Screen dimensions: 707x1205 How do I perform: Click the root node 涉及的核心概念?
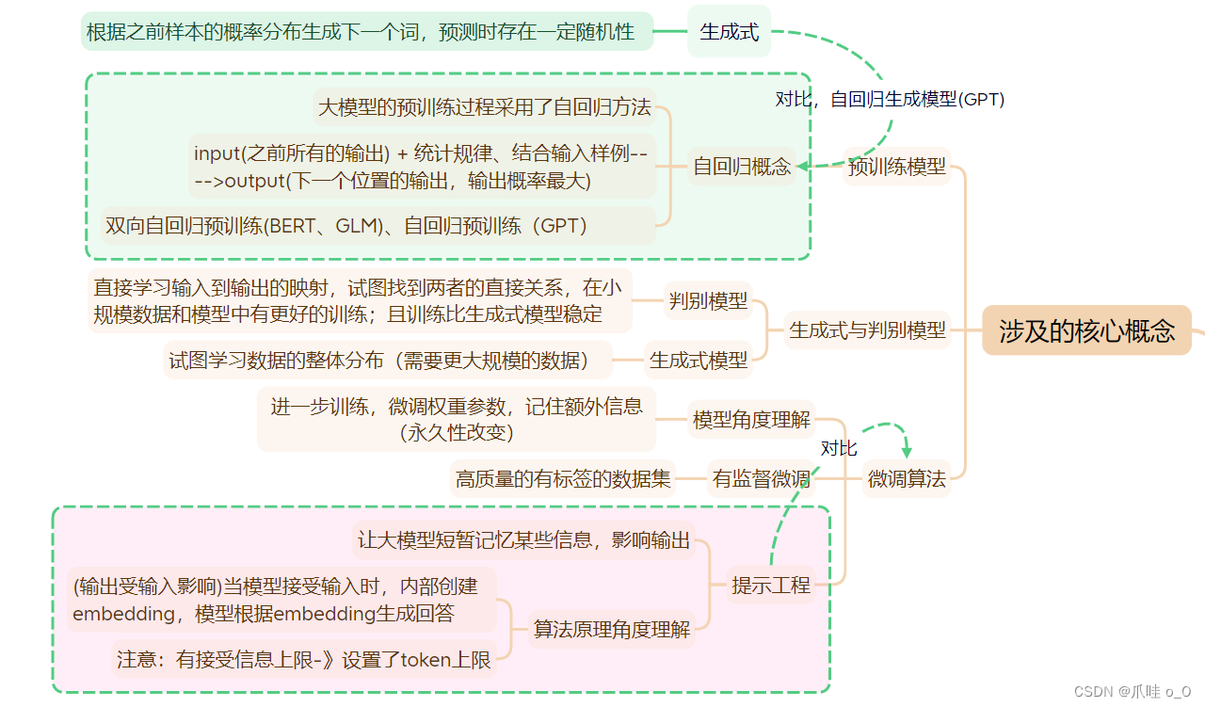click(x=1086, y=330)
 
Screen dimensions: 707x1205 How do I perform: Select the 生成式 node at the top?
click(x=729, y=31)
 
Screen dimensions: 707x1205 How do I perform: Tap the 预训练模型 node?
click(x=896, y=167)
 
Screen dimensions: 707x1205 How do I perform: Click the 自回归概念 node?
click(x=742, y=167)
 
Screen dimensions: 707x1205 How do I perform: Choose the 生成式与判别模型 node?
click(x=867, y=330)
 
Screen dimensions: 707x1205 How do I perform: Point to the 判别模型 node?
click(x=708, y=301)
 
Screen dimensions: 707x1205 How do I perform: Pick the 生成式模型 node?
click(x=699, y=360)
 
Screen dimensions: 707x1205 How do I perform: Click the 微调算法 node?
click(x=907, y=478)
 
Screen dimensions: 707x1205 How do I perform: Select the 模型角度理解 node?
click(x=751, y=420)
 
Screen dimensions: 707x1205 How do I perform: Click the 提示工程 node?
click(x=771, y=585)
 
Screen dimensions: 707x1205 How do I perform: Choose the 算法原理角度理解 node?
click(x=612, y=629)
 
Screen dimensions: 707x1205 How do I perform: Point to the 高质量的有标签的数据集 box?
click(x=563, y=478)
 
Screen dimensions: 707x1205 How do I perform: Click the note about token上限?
click(x=304, y=659)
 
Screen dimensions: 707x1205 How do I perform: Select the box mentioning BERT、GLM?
click(x=346, y=225)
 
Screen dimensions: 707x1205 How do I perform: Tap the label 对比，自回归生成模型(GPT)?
click(x=890, y=99)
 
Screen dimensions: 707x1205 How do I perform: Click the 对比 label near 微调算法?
click(x=839, y=448)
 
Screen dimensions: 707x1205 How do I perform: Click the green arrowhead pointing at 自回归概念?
click(x=803, y=168)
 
